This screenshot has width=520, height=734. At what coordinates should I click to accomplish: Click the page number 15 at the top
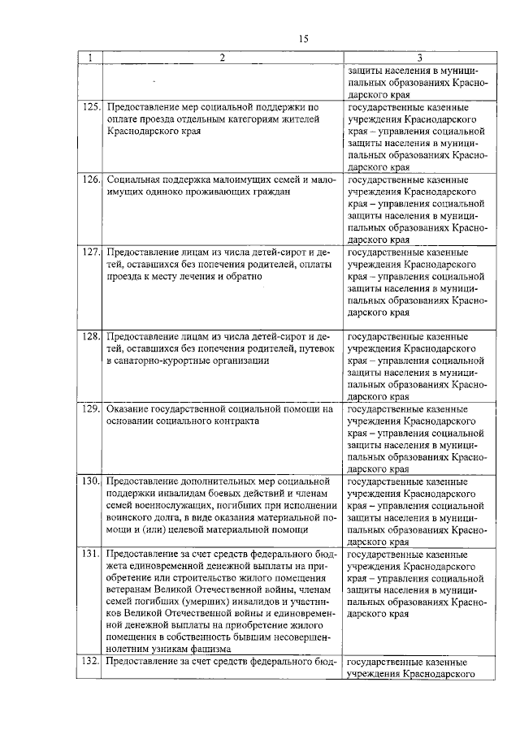click(304, 39)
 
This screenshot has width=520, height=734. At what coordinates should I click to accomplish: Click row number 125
click(90, 106)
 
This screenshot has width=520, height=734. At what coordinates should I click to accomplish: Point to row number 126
click(90, 179)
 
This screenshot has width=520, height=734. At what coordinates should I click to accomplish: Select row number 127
click(90, 252)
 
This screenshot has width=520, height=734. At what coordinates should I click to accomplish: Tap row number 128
click(90, 335)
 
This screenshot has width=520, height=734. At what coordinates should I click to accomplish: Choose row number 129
click(90, 409)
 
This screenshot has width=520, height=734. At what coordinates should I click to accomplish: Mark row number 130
click(90, 481)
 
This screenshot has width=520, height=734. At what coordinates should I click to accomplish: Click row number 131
click(90, 554)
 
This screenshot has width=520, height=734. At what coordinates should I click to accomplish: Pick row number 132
click(90, 661)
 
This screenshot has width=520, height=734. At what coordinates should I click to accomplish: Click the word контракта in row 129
click(235, 421)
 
